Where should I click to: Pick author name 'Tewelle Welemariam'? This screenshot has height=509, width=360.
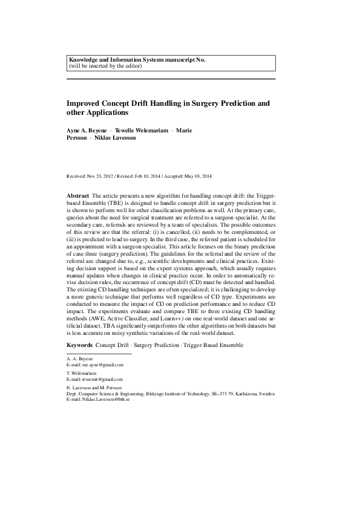(x=140, y=131)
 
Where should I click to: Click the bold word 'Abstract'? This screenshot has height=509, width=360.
(x=77, y=197)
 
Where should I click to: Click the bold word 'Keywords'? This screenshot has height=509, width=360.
(x=79, y=345)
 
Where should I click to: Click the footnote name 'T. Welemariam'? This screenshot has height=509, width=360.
(x=82, y=374)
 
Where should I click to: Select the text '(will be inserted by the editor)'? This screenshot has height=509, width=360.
(x=106, y=66)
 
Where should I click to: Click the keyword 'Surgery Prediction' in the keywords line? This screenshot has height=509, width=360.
(x=154, y=345)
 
